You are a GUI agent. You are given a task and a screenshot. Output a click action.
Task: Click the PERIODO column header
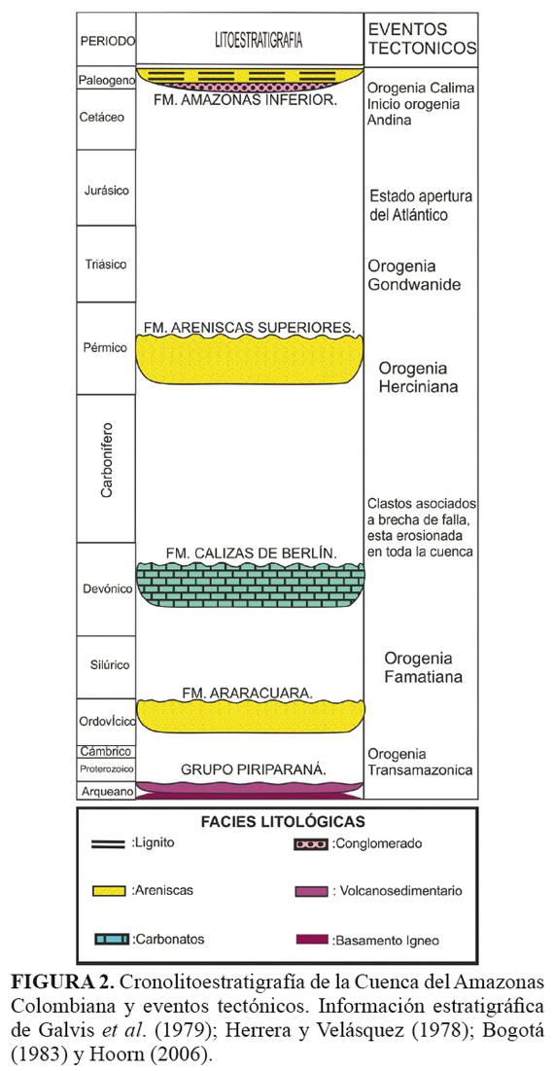pos(107,40)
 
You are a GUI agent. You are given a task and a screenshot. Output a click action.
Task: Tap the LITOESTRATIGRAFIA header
pos(250,40)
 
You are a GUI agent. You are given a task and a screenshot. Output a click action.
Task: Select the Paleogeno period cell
pos(106,79)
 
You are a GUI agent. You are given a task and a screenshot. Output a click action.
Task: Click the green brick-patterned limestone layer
pos(250,585)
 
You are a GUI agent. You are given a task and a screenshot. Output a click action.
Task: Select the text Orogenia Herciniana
pos(419,377)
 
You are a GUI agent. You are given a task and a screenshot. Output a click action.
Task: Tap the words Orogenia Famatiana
pos(424,668)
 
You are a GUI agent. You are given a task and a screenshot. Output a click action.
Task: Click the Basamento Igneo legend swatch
pos(313,939)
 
